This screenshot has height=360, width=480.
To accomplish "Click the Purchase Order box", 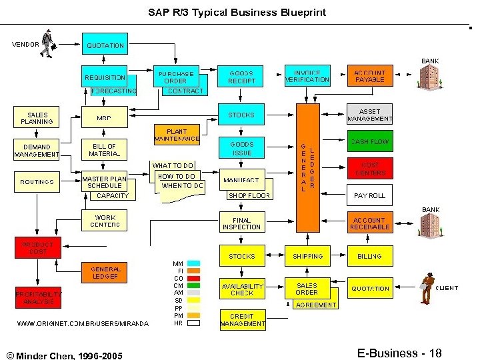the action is pos(175,77).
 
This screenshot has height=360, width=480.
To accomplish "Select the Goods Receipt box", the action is pos(241,77).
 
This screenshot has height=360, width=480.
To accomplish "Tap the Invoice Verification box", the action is pos(307,76).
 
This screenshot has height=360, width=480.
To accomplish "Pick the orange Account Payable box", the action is pos(369,76).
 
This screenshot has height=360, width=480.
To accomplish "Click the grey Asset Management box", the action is pos(369,115).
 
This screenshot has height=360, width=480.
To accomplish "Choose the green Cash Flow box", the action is pos(369,141).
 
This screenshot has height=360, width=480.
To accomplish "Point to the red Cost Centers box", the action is pos(369,168).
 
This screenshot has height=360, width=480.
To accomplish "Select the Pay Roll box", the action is pos(369,196).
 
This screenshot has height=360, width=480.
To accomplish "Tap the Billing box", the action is pos(369,256).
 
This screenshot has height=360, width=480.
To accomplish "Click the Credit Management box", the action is pos(242,320).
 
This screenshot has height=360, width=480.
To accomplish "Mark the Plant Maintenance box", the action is pos(177,135).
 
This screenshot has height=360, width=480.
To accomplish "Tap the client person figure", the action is pos(427,288).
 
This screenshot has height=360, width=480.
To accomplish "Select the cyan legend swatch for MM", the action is pos(194,263).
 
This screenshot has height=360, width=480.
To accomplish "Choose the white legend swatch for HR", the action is pos(194,323).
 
